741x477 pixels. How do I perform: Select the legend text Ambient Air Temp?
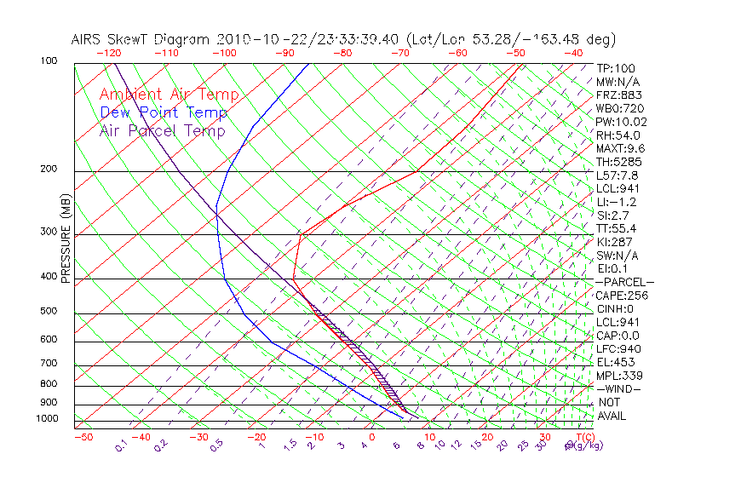coord(169,95)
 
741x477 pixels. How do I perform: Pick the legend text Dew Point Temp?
coord(164,112)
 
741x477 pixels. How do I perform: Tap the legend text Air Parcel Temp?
coord(162,130)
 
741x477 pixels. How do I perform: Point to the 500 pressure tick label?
coord(49,312)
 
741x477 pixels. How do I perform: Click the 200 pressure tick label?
coord(49,170)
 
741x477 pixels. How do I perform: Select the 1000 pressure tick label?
coord(46,419)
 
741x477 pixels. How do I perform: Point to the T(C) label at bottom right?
coord(584,437)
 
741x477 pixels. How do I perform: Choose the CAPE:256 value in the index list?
coord(618,296)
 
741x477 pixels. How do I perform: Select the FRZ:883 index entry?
coord(615,95)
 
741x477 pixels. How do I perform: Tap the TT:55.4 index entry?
coord(615,228)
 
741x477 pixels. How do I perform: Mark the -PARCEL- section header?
coord(624,282)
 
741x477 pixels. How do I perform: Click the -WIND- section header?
coord(618,388)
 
